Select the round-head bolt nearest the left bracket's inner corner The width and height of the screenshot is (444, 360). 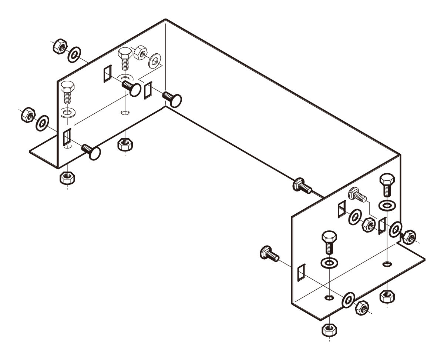click(x=172, y=99)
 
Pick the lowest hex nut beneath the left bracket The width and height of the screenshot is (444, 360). click(x=66, y=178)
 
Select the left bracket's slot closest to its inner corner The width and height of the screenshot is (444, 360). click(x=148, y=90)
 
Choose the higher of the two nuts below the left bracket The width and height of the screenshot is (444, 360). click(x=125, y=144)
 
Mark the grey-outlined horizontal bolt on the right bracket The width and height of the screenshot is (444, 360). click(x=357, y=195)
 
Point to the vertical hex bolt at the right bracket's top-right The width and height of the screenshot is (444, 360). click(x=387, y=184)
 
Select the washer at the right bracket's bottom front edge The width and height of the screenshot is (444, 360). click(x=348, y=299)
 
